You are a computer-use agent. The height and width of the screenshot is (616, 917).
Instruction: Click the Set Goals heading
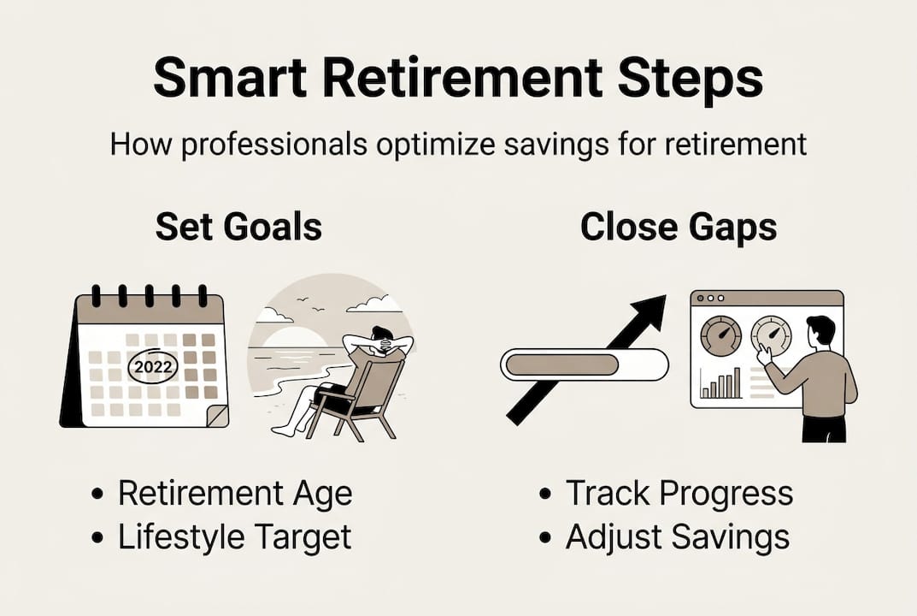(238, 228)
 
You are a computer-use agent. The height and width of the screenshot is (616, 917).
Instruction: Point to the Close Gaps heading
(679, 228)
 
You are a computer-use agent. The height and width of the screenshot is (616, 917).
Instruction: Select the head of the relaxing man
(382, 336)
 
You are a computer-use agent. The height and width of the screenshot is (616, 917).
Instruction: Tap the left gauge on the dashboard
(720, 336)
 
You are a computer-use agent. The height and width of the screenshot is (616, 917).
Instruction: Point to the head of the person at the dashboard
(820, 329)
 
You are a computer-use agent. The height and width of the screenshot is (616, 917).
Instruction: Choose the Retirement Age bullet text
(235, 494)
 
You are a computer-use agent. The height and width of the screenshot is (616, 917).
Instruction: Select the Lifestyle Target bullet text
(235, 537)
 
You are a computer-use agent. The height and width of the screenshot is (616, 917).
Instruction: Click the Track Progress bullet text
(679, 494)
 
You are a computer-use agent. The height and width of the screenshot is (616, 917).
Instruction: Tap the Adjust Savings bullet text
(677, 537)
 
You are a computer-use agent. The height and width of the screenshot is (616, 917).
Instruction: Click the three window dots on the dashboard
(711, 299)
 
